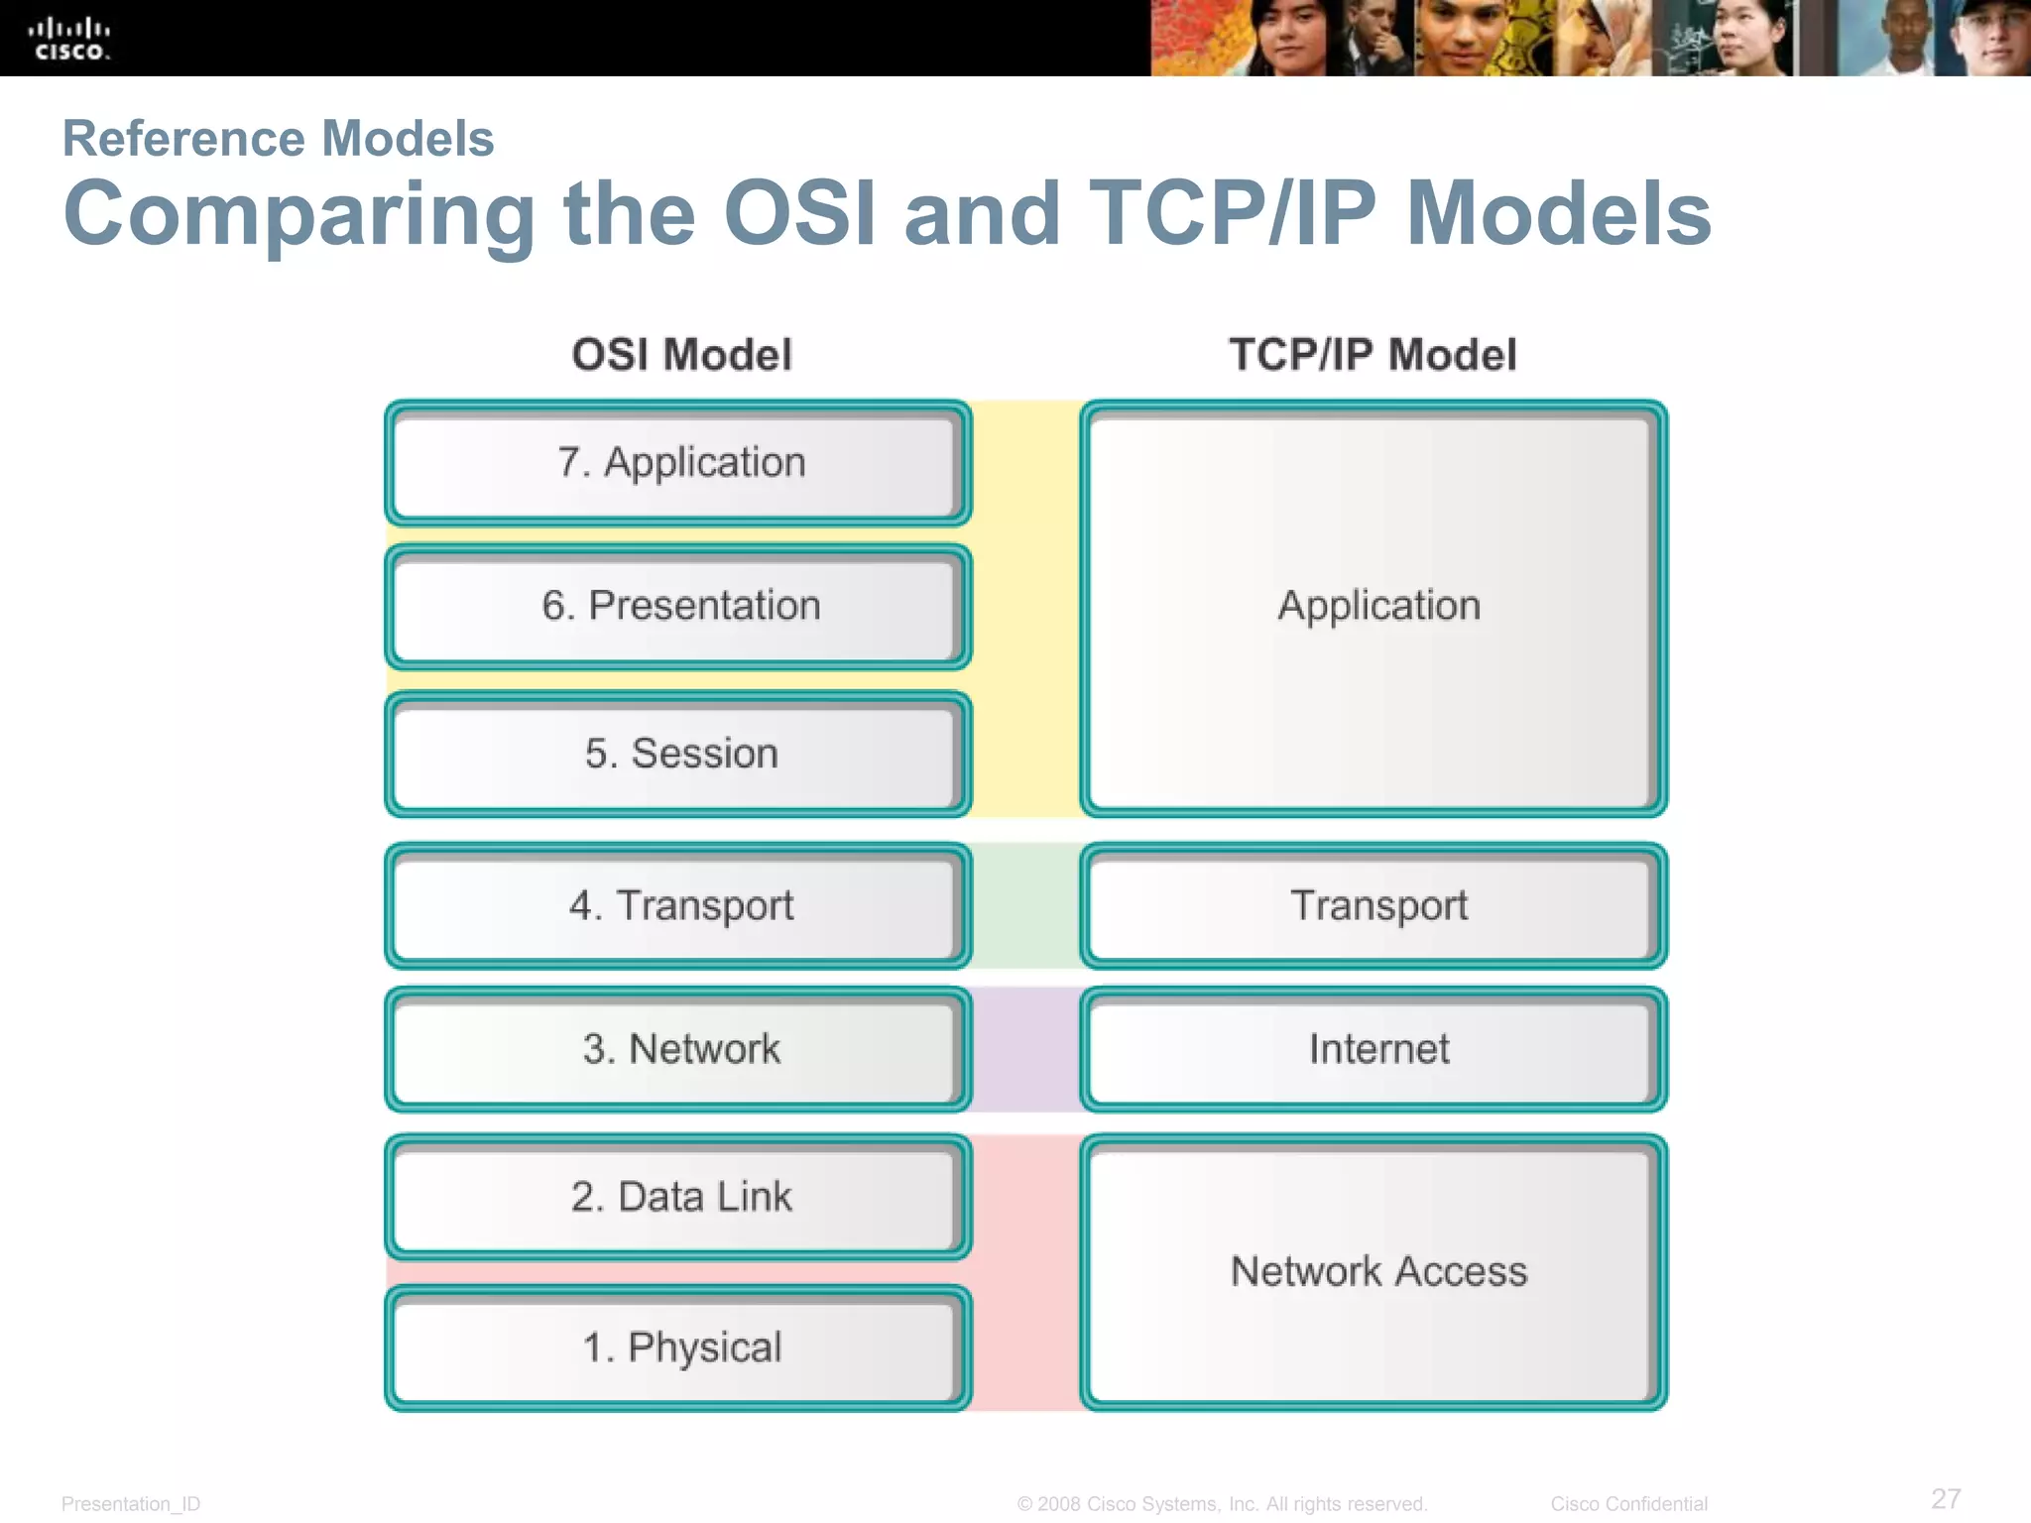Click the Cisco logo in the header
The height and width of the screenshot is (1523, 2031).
pos(68,40)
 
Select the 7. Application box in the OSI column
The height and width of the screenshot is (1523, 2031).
pos(679,463)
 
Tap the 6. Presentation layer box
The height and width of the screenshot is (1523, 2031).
pos(679,606)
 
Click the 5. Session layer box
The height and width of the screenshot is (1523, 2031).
pos(679,754)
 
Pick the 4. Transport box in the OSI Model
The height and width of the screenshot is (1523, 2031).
pos(679,905)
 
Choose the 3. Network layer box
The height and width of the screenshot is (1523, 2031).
pos(679,1049)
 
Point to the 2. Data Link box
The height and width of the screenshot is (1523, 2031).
pos(679,1197)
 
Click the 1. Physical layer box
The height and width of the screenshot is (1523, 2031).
pos(679,1347)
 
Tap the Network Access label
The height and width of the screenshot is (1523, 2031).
pos(1378,1271)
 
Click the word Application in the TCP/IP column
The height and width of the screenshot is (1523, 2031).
pos(1378,606)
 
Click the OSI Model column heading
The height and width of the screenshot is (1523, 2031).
pos(681,355)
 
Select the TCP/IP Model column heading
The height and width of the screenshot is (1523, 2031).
pos(1373,355)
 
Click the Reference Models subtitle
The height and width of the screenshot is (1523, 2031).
pos(278,138)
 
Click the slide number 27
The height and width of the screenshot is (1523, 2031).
pos(1945,1498)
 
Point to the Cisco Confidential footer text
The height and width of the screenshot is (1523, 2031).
pos(1628,1504)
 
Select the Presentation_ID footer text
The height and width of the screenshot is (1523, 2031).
pos(131,1504)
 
